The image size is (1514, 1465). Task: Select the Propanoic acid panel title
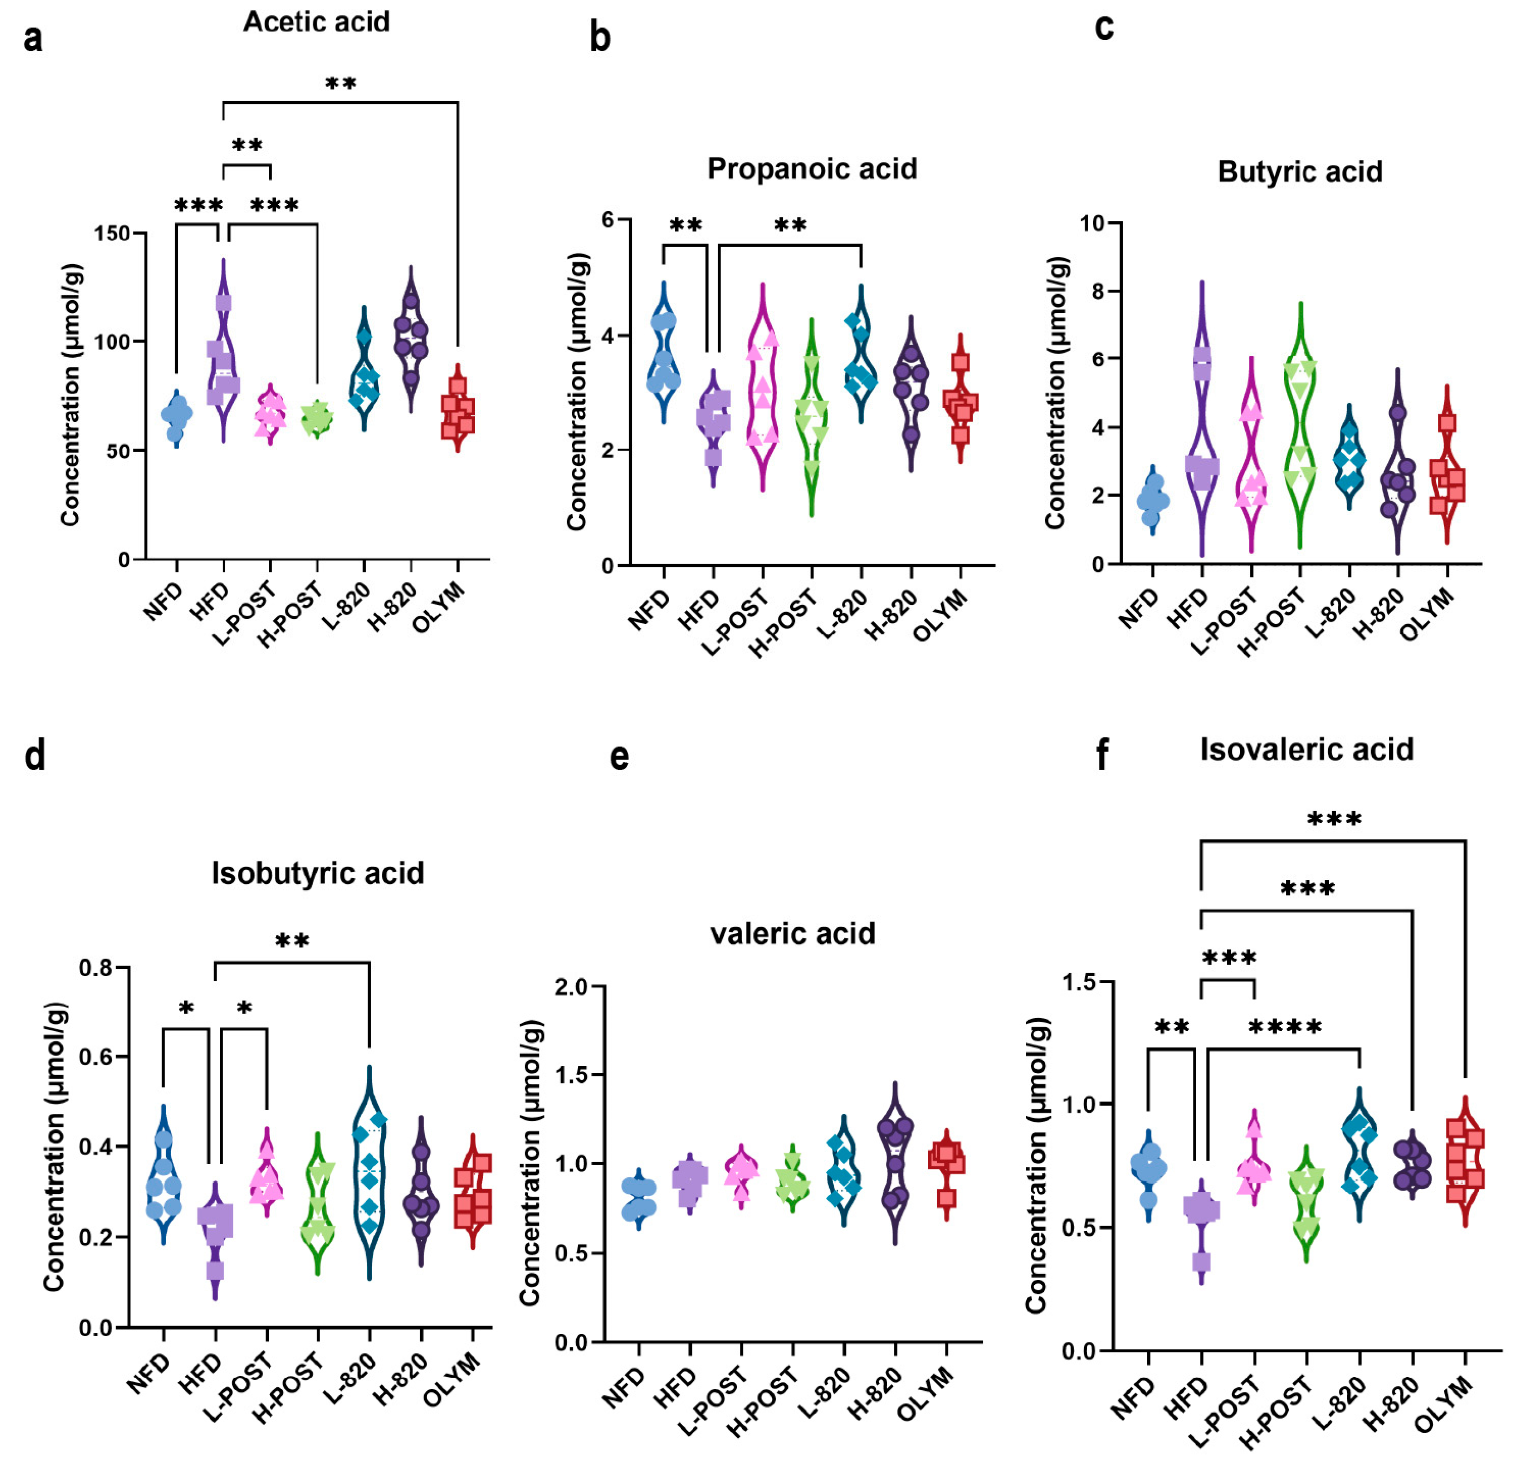tap(812, 169)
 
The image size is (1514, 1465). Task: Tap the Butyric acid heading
tap(1300, 171)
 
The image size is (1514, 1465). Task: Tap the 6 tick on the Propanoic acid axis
tap(607, 220)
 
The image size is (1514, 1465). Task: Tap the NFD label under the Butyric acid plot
tap(1139, 608)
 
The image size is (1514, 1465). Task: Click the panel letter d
tap(35, 755)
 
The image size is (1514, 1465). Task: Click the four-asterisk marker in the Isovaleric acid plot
tap(1284, 1027)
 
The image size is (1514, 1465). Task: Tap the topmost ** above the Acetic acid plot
tap(341, 84)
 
